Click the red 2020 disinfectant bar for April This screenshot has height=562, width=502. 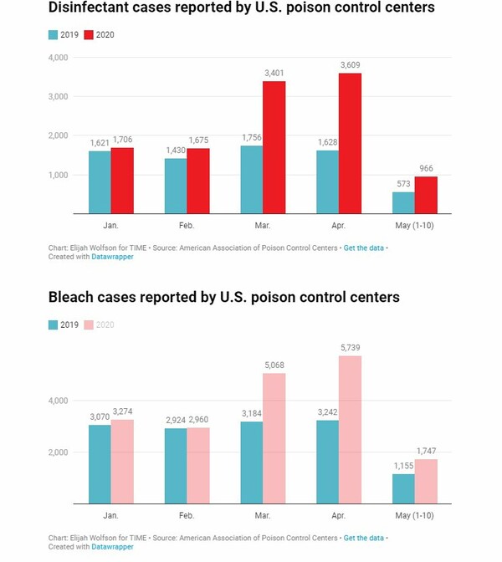[349, 143]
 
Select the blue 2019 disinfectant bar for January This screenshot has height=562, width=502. [100, 181]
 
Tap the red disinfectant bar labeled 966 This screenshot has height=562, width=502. [425, 195]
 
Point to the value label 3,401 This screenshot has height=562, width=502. [274, 74]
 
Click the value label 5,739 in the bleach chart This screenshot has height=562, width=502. [350, 348]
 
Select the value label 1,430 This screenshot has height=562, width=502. [176, 150]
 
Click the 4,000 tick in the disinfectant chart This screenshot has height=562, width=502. [58, 58]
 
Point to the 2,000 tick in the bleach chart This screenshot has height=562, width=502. [58, 452]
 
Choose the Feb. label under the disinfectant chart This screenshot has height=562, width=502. [186, 226]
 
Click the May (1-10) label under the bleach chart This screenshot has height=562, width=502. [414, 517]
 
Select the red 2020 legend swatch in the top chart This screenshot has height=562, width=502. [90, 35]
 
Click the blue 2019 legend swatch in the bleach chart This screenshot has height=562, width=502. [53, 324]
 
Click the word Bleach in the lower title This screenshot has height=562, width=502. [74, 297]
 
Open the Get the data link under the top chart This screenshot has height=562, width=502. [364, 248]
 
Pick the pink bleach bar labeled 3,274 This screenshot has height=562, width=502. [122, 461]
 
